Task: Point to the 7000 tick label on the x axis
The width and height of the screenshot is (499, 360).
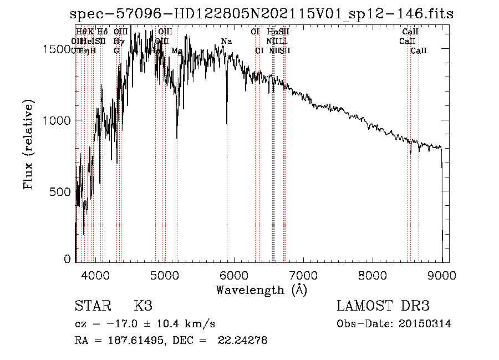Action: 303,275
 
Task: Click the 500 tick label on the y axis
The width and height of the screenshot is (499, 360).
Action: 63,191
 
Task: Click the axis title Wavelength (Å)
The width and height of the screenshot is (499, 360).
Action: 261,290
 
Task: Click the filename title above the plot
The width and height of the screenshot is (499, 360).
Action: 262,14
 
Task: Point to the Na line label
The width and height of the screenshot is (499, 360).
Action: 226,42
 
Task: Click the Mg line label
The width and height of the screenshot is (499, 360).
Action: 176,51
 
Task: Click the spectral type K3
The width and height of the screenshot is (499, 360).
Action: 143,306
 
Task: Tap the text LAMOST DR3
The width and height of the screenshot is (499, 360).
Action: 383,306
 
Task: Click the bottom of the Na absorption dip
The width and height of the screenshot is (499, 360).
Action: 227,124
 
